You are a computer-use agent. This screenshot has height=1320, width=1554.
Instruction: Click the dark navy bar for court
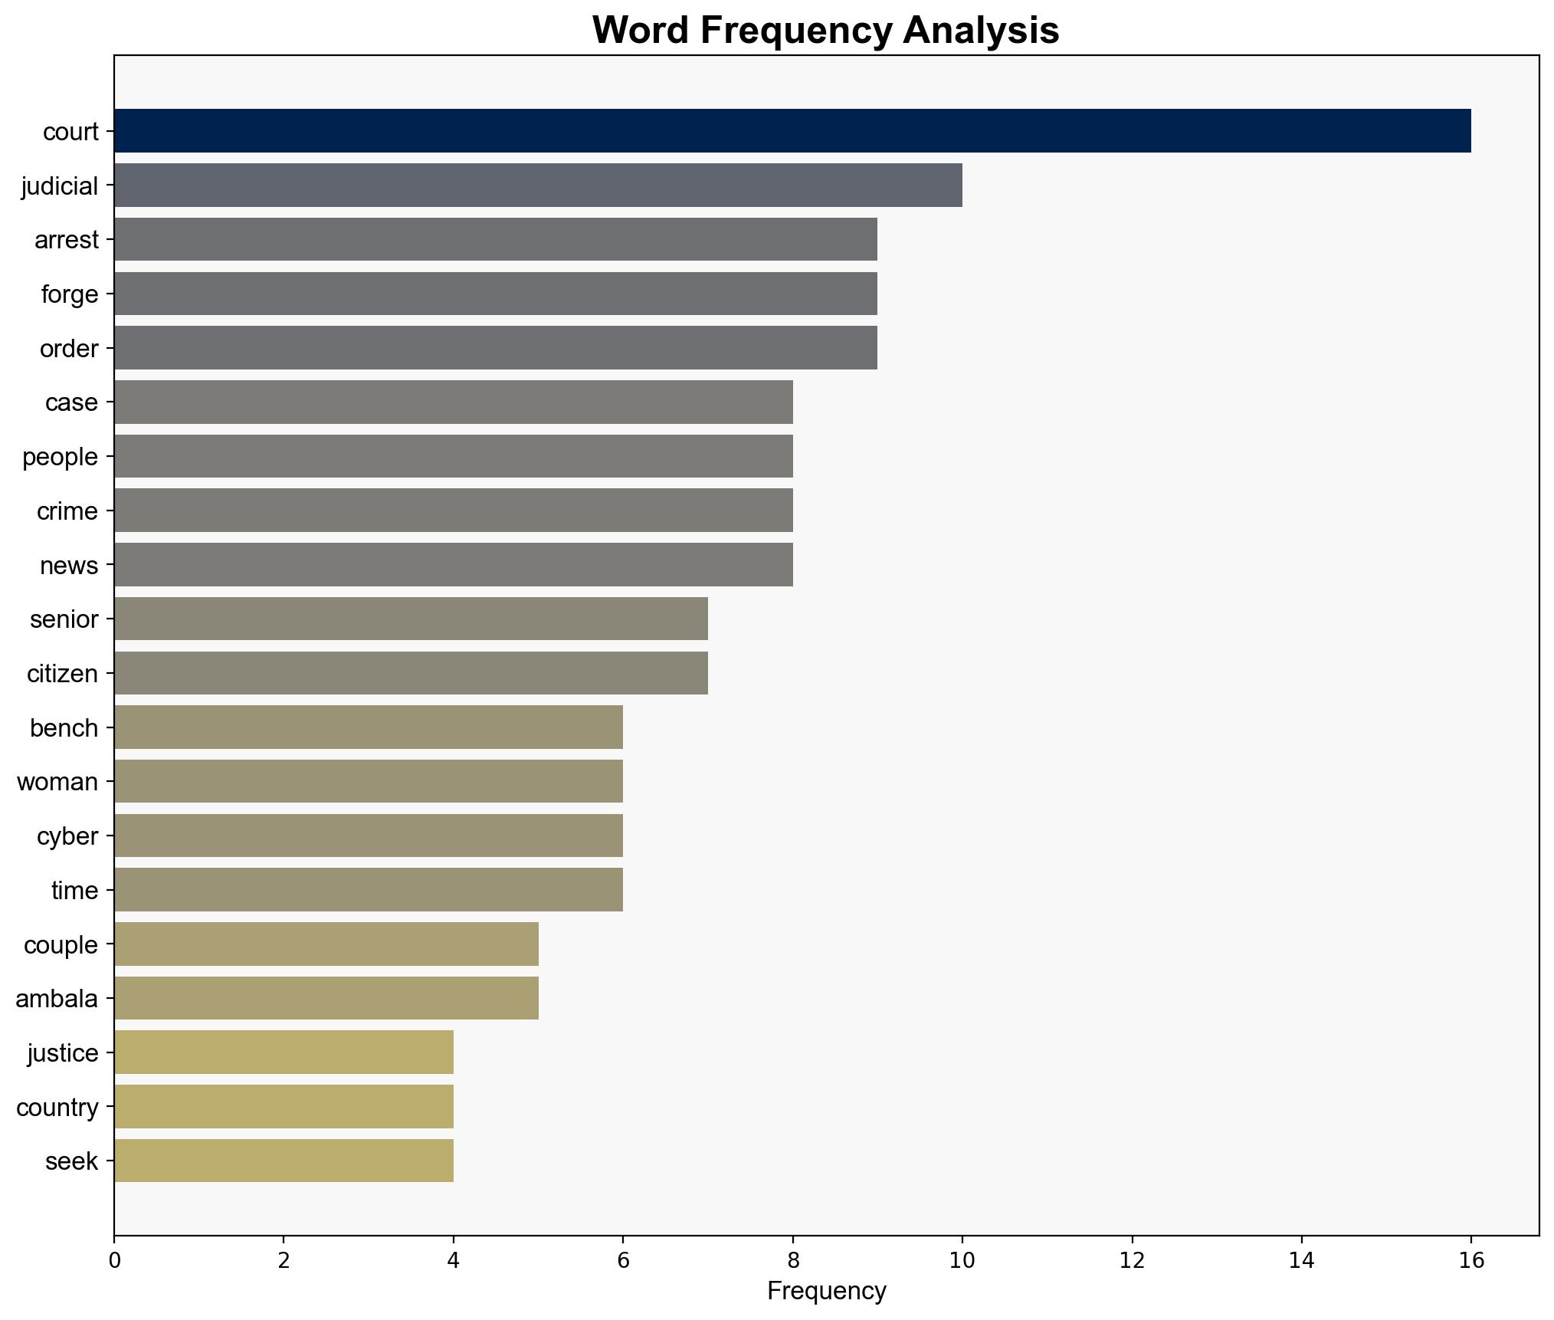point(792,131)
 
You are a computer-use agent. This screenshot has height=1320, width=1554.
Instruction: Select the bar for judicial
point(538,186)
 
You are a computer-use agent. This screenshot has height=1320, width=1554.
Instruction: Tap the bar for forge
point(496,294)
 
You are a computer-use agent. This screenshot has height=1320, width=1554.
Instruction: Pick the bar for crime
point(454,511)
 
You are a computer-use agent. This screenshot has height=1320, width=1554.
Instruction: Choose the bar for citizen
point(411,673)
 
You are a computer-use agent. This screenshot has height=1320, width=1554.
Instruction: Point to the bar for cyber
point(369,836)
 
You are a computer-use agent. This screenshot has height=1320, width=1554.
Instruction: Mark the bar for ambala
point(326,998)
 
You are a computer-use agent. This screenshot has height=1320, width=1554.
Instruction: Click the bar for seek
point(284,1161)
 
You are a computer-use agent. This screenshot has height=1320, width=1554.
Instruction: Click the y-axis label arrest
point(67,240)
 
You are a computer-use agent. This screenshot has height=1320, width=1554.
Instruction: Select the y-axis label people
point(60,457)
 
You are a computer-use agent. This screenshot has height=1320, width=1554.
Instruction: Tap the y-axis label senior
point(64,619)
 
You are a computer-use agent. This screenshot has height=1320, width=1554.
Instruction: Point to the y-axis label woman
point(57,782)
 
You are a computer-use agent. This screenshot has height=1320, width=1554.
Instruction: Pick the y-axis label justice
point(63,1053)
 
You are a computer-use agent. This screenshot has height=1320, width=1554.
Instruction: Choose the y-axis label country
point(57,1108)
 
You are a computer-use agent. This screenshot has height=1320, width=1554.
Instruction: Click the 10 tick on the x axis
point(962,1260)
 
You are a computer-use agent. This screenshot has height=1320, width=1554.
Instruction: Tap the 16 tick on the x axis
point(1470,1260)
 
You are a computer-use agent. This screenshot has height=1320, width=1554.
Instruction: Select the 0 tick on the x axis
point(115,1260)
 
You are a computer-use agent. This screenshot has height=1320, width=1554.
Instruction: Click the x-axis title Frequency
point(826,1292)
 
